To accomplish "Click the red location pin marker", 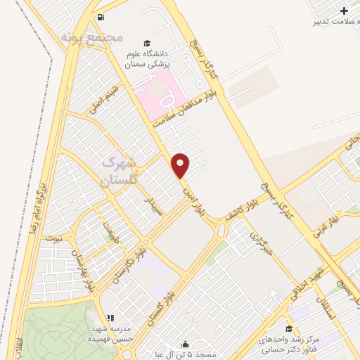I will tap(181, 165).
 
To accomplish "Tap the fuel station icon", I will tap(101, 17).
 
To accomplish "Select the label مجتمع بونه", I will tap(91, 35).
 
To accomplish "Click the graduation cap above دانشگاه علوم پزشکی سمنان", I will tap(146, 43).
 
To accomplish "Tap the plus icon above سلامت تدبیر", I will tap(343, 11).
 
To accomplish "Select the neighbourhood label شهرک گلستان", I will tap(117, 171).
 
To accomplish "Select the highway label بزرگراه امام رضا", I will tap(41, 204).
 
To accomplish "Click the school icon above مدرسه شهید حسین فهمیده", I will tap(109, 318).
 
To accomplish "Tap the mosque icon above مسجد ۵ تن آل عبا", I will tap(185, 344).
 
